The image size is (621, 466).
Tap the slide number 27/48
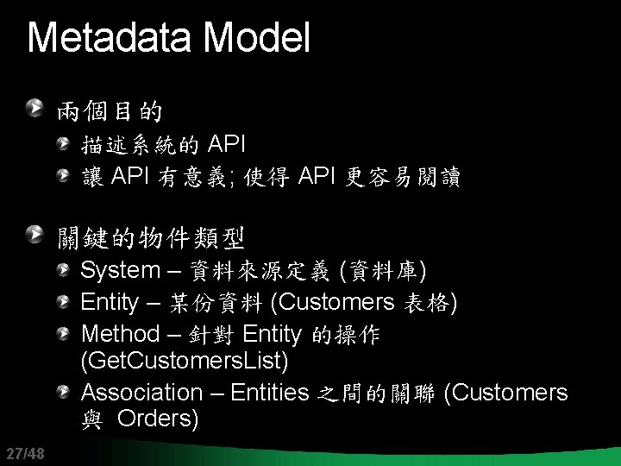(x=23, y=453)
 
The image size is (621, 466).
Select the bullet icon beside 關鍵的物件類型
(x=34, y=232)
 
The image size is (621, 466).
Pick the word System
(x=120, y=271)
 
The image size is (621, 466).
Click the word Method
(x=120, y=334)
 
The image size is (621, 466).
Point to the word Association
(x=141, y=393)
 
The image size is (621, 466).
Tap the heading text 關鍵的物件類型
(x=151, y=235)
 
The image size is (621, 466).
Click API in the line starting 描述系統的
(x=228, y=142)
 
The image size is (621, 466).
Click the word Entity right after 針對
(x=272, y=334)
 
